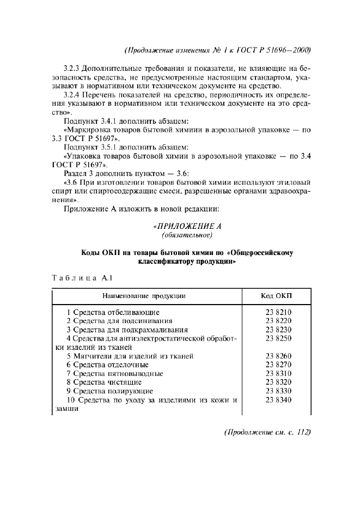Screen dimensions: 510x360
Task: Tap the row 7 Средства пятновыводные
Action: (115, 374)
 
